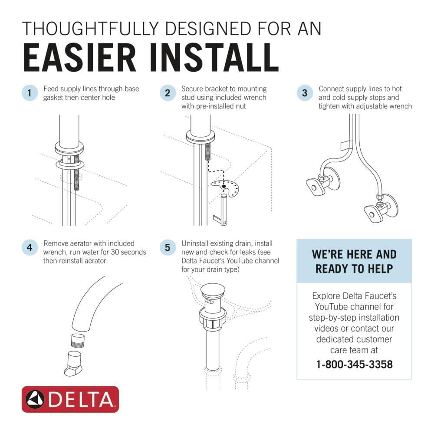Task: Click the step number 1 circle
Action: pos(29,93)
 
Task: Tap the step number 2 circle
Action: pos(167,93)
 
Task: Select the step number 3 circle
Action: pos(305,93)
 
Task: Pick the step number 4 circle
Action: pos(29,248)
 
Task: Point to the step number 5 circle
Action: pos(167,248)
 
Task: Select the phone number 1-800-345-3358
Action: pos(355,364)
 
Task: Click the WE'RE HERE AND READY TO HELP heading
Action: pos(354,261)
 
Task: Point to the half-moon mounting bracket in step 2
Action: pos(225,188)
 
